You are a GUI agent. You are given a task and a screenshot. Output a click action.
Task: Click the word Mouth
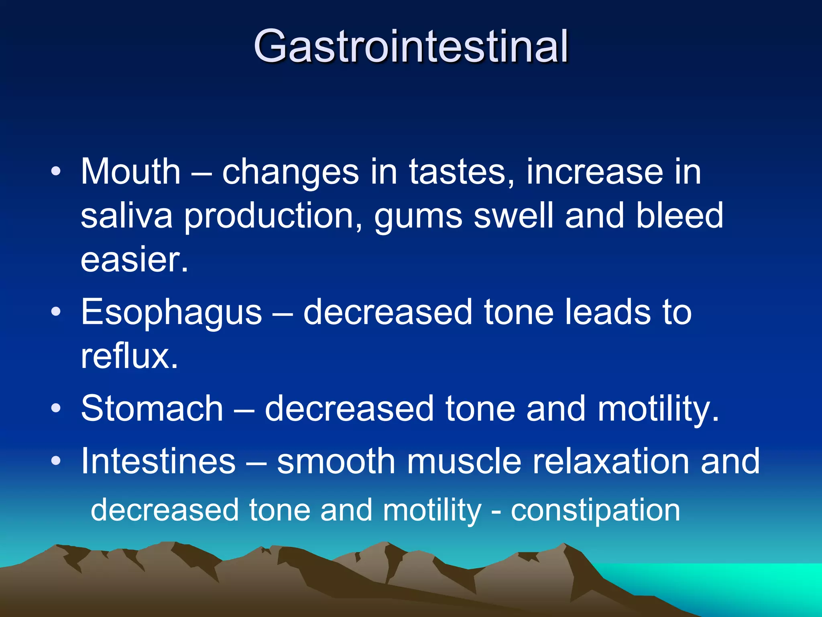point(130,172)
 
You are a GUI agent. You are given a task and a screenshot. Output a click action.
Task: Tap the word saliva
point(126,216)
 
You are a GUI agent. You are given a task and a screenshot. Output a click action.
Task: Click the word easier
point(134,260)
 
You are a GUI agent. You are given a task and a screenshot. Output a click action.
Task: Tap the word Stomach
point(152,409)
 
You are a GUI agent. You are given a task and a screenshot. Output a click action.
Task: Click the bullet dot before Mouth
point(56,172)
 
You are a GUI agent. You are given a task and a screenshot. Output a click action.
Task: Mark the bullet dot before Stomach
point(56,409)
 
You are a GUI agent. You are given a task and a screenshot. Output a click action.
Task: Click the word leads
point(608,313)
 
